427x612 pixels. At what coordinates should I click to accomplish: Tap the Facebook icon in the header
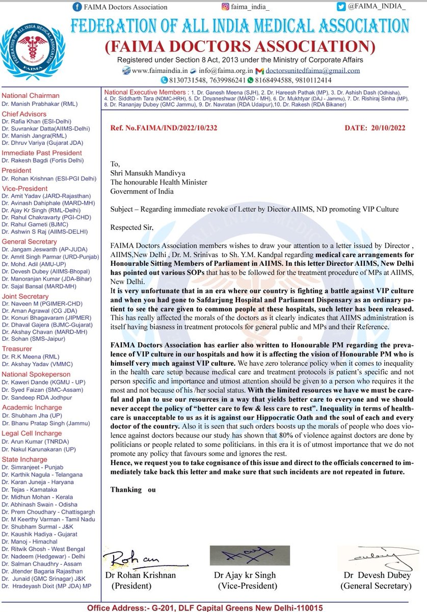[77, 7]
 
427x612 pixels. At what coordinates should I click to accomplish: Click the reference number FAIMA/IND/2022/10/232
[164, 127]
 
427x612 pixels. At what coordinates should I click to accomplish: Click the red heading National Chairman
[31, 95]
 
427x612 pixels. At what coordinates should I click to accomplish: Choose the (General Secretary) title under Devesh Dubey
[376, 586]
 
